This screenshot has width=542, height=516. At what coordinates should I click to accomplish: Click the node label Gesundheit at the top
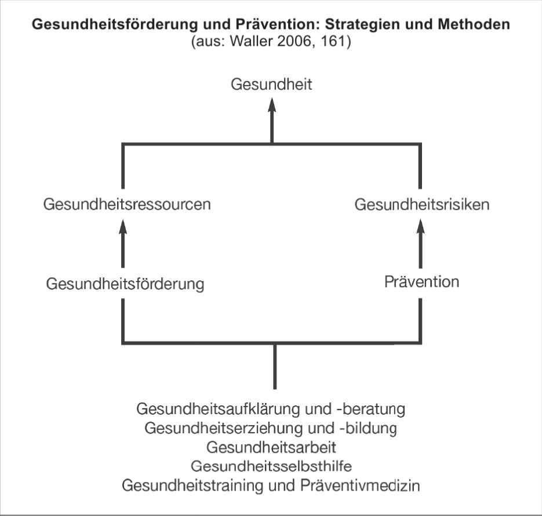click(271, 85)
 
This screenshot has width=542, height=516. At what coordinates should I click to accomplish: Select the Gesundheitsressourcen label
click(127, 204)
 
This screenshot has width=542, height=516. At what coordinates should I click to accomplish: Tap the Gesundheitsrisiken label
click(422, 204)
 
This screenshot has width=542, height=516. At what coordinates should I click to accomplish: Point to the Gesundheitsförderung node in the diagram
click(125, 284)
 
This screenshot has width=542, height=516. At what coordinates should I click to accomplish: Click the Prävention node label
click(421, 282)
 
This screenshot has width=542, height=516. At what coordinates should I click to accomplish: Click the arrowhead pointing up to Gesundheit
click(272, 105)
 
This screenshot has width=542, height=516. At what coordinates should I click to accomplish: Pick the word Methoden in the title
click(474, 24)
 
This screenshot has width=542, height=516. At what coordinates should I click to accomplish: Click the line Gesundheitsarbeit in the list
click(271, 447)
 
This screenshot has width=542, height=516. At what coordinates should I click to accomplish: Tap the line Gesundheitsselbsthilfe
click(271, 466)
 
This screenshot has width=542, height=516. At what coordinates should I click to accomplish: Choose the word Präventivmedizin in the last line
click(360, 485)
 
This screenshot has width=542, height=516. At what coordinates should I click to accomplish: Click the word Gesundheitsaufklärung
click(219, 409)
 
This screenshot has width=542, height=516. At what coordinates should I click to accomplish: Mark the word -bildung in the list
click(366, 429)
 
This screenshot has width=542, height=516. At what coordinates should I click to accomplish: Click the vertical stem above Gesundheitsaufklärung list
click(275, 366)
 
